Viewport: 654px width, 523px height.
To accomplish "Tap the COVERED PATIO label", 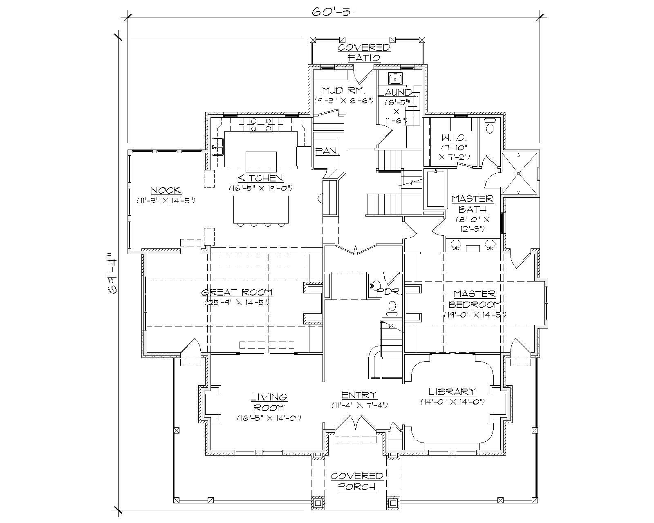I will (x=364, y=52).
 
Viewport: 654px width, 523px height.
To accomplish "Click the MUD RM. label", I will (x=338, y=90).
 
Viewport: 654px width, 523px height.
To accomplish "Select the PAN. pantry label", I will (x=328, y=151).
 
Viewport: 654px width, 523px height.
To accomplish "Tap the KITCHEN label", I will (x=260, y=178).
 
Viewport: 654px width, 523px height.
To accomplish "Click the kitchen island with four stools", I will (x=261, y=209).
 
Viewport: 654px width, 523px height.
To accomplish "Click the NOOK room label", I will (x=166, y=190).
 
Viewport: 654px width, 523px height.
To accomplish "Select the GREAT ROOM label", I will (x=237, y=293).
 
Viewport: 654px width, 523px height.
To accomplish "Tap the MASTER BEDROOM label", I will (x=475, y=299).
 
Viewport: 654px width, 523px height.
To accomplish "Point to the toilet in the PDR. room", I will (x=392, y=306).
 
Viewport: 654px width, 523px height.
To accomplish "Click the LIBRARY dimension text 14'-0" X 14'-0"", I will (x=452, y=402).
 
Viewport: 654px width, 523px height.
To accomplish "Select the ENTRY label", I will (x=359, y=395).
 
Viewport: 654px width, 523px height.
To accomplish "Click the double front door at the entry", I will (x=355, y=423).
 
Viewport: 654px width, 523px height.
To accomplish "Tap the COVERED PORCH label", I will (x=357, y=481).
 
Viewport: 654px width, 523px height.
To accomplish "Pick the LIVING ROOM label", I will (x=269, y=402).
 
